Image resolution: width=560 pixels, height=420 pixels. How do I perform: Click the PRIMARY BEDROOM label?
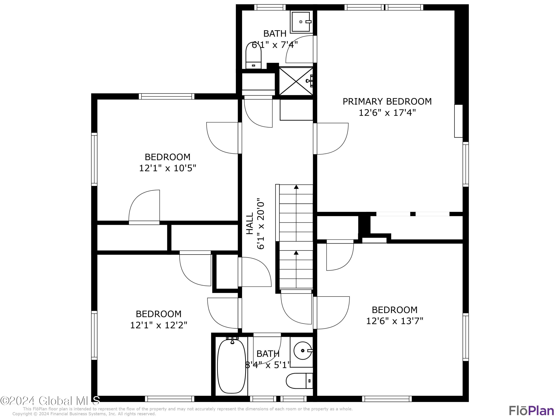pyautogui.click(x=387, y=102)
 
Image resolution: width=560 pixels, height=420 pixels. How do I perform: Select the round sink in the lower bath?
pyautogui.click(x=303, y=351)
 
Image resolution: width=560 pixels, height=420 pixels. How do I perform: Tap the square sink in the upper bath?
pyautogui.click(x=301, y=22)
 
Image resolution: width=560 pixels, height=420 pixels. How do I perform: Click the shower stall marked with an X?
pyautogui.click(x=295, y=81)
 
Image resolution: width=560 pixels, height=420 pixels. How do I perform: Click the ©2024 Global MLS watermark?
pyautogui.click(x=50, y=401)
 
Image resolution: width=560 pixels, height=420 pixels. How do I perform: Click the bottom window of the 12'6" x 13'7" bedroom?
pyautogui.click(x=387, y=399)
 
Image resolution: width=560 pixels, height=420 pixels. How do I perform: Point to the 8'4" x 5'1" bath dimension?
pyautogui.click(x=267, y=365)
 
